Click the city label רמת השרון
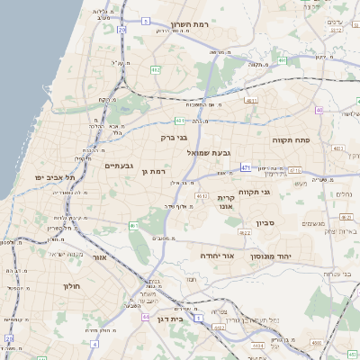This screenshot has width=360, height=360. pos(189,24)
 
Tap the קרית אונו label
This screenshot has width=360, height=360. pos(226,202)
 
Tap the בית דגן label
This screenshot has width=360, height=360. pos(183,318)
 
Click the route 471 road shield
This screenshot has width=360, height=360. pos(246,166)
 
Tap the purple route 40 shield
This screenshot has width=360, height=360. pos(319,110)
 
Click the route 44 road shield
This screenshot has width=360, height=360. pos(133,225)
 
